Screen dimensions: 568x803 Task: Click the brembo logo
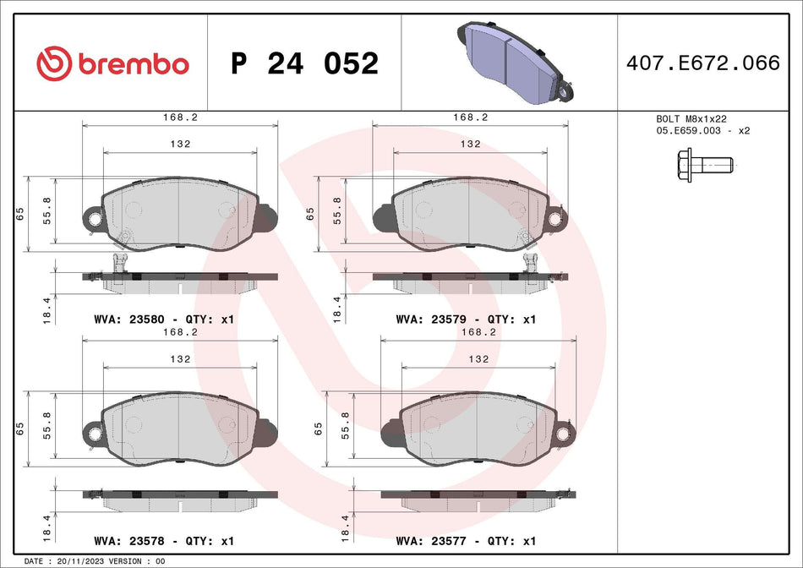click(x=112, y=63)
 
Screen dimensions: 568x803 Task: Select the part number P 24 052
click(x=304, y=63)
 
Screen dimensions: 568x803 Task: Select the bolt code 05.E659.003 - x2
click(x=703, y=131)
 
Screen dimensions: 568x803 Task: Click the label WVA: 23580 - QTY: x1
click(x=161, y=320)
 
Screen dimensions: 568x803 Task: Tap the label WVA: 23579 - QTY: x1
click(x=466, y=320)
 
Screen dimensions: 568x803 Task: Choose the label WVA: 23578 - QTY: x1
click(x=161, y=540)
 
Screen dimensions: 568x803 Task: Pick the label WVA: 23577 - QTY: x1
click(x=466, y=540)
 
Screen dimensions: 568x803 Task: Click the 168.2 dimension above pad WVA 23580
click(x=180, y=118)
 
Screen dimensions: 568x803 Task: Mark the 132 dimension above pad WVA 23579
click(x=471, y=144)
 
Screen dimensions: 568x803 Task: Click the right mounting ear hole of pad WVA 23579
click(x=557, y=220)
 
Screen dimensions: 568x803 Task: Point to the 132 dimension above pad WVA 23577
click(x=478, y=358)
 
